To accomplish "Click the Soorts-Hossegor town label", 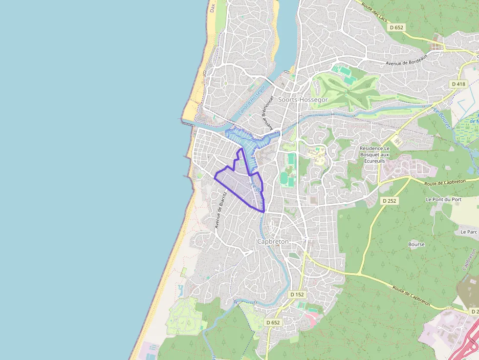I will [x=303, y=100].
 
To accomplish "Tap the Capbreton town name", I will [x=273, y=241].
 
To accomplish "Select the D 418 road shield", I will [x=458, y=84].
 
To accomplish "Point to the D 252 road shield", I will [x=389, y=201].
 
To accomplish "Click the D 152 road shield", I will [x=297, y=295].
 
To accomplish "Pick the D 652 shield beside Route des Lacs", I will [x=396, y=28].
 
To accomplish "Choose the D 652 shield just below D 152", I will [x=273, y=322].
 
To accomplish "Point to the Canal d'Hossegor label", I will [x=252, y=101].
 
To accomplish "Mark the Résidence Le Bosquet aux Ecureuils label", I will [x=374, y=154].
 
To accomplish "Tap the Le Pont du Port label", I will [x=444, y=199].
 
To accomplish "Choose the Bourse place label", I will [x=416, y=244].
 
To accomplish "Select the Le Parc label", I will [x=468, y=232].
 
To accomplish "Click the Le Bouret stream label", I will [x=441, y=118].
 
